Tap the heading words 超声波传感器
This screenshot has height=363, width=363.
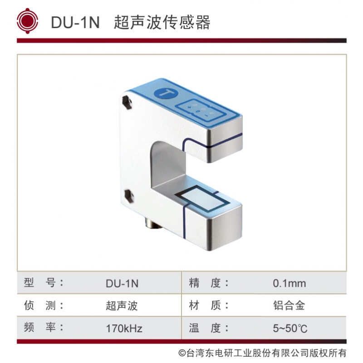(162, 22)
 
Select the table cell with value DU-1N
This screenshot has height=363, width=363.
(122, 284)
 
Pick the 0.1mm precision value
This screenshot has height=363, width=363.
(289, 284)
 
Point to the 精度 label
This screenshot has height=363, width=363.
(209, 283)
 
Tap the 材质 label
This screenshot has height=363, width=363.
(209, 305)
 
